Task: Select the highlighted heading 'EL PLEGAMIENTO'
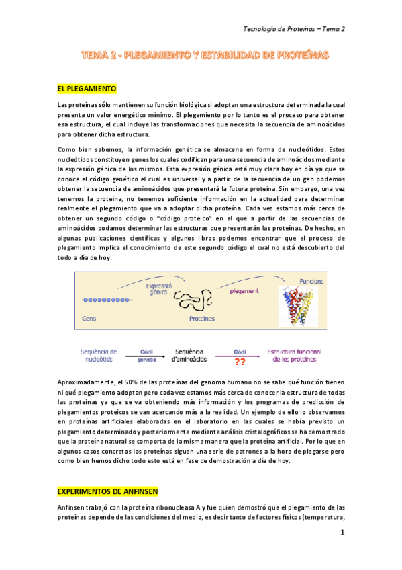tap(87, 89)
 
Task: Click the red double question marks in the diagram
tap(239, 362)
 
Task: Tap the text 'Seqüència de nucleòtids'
tap(99, 355)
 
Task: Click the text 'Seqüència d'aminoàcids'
tap(189, 355)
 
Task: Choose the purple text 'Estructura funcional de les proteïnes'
tap(294, 355)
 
